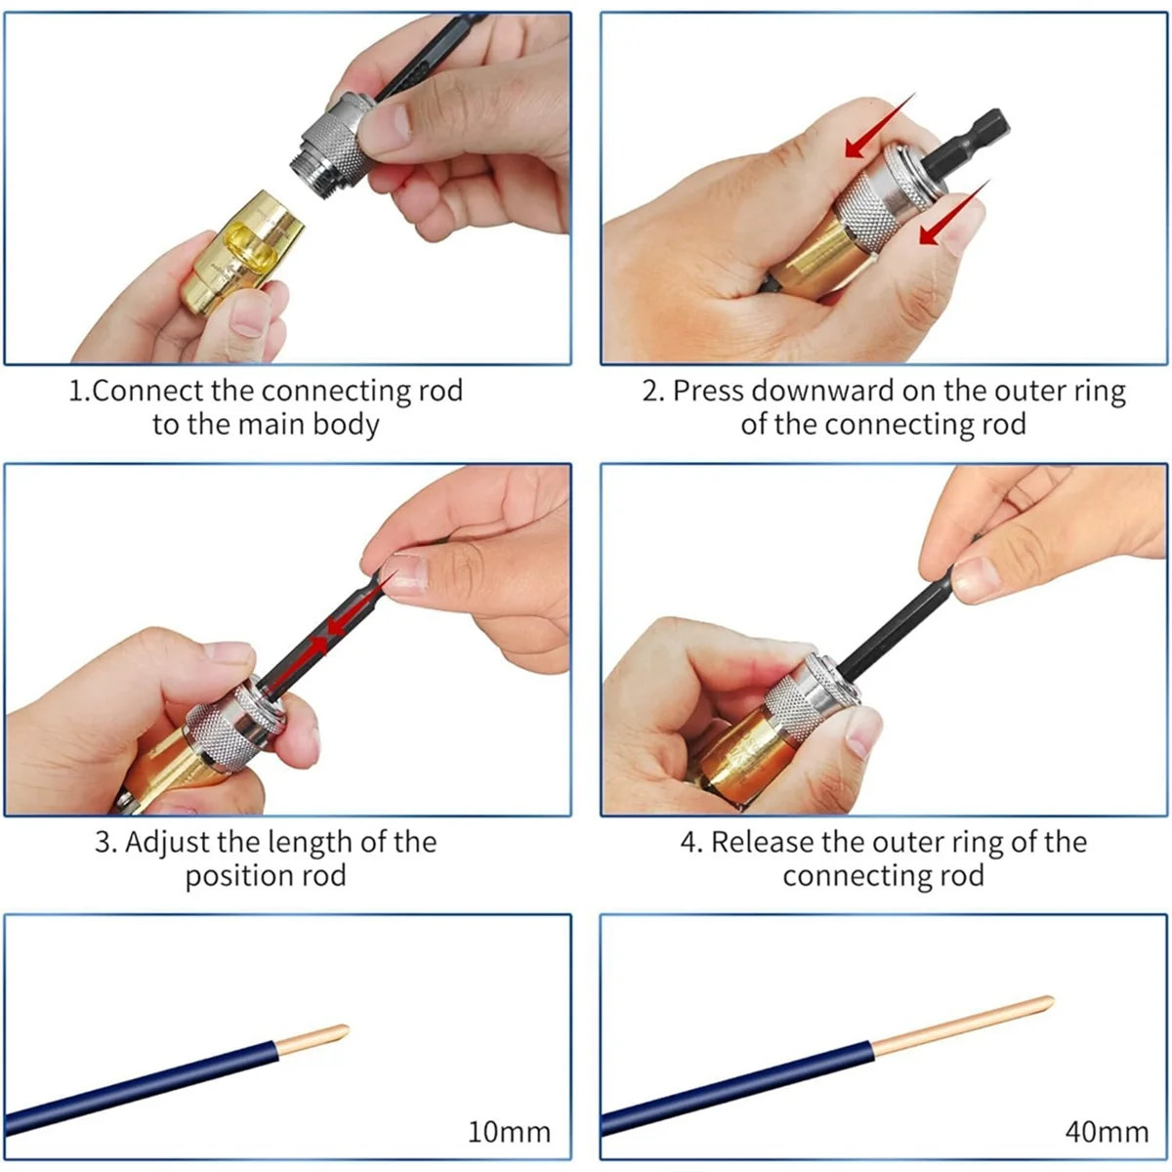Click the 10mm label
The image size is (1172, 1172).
click(x=509, y=1132)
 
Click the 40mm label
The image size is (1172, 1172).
click(x=1107, y=1132)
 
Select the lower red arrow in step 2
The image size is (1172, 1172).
click(x=954, y=216)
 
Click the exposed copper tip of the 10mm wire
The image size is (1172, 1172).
click(x=313, y=1040)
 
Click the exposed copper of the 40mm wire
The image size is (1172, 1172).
click(x=962, y=1024)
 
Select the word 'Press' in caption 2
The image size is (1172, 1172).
click(x=707, y=391)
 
